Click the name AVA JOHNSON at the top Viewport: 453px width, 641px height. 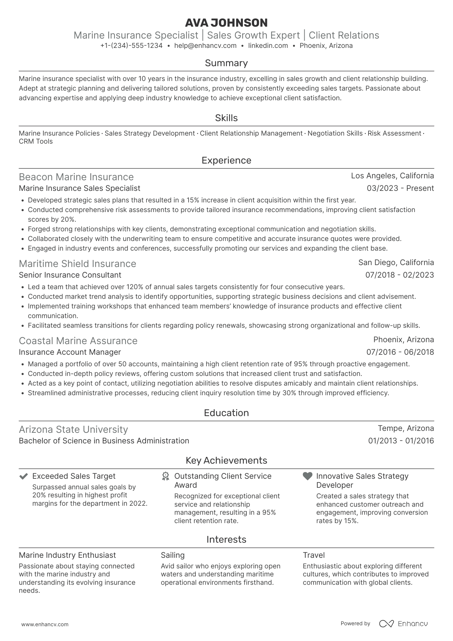coord(226,22)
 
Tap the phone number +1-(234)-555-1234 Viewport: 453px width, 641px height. coord(131,46)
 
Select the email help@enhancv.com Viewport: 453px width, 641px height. coord(205,46)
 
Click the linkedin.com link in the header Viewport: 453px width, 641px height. coord(268,46)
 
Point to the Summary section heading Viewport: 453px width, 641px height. coord(226,63)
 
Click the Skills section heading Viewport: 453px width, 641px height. coord(226,118)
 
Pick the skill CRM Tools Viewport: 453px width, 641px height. coord(36,141)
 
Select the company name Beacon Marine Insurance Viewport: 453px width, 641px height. coord(76,177)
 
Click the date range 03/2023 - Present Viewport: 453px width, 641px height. coord(400,188)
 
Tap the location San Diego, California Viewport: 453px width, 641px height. coord(396,263)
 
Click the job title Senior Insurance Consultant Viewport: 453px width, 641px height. coord(70,275)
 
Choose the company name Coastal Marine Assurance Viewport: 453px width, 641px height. coord(78,341)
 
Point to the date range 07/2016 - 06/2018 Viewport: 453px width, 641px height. coord(400,352)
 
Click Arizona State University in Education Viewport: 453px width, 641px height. coord(73,430)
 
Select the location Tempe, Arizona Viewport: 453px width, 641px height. coord(405,428)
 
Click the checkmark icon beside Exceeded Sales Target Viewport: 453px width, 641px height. coord(23,476)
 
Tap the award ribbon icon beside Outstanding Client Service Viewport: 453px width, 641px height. coord(165,476)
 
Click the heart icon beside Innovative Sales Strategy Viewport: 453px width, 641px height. coord(307,476)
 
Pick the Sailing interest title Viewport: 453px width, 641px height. coord(173,555)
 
